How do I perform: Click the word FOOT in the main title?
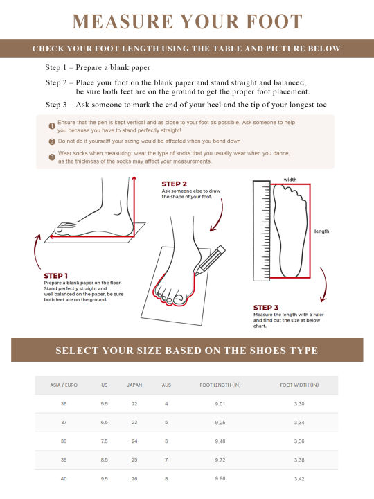coord(274,21)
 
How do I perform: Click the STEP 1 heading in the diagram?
coord(55,276)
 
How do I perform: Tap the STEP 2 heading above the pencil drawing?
coord(174,184)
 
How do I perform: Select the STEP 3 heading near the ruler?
coord(266,308)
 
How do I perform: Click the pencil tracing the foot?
coord(210,260)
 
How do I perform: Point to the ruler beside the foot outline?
coord(261,231)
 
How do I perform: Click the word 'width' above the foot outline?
coord(290,180)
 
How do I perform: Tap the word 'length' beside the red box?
coord(321,231)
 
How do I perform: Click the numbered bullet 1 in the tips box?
coord(52,126)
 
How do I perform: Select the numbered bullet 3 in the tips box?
coord(52,157)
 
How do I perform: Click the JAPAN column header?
coord(134,385)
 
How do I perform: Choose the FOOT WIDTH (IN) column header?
coord(299,385)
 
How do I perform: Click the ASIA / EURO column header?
coord(64,385)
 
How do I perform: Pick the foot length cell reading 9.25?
coord(220,423)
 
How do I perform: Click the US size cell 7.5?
coord(105,441)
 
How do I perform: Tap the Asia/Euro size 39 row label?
coord(64,460)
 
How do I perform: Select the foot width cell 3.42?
coord(299,479)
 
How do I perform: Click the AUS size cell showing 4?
coord(166,404)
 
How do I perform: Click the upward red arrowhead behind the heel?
coord(134,179)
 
